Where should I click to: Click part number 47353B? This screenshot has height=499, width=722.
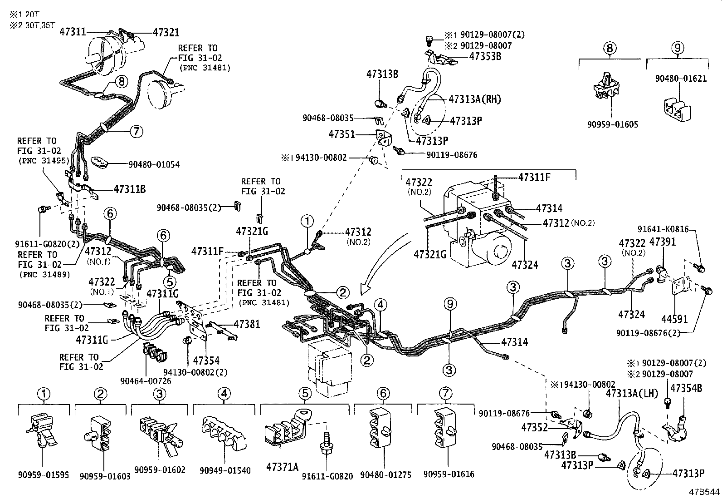coord(485,56)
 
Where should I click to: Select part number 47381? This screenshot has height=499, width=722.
coord(247,324)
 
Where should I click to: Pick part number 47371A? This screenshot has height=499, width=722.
coord(283,466)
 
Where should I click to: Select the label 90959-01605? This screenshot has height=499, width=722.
coord(612,124)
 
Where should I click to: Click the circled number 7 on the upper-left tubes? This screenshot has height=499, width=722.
coord(136,132)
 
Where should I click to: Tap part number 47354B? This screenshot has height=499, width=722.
coord(686,388)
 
